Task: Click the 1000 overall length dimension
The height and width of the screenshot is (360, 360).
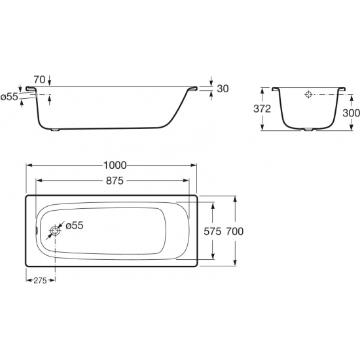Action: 115,166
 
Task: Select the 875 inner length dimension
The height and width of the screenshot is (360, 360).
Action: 115,181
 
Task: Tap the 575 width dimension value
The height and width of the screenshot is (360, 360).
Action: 212,231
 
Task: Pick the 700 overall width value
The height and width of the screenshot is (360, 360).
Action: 235,231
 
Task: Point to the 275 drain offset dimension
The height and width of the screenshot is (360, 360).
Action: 40,280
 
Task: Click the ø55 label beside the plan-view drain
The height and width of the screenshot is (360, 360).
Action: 75,225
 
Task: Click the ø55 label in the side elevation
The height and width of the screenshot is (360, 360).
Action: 9,97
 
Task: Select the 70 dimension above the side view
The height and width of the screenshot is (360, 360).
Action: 39,80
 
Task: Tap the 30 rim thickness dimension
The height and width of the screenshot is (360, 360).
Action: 223,88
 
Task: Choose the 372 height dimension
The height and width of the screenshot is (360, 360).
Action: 262,109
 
